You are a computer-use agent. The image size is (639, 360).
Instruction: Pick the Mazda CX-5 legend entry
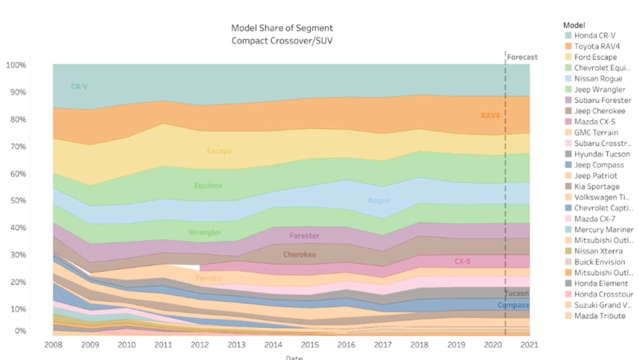tap(595, 122)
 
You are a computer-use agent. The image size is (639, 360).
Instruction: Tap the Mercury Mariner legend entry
tap(603, 230)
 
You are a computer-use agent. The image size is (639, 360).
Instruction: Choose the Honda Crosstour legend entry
tap(604, 294)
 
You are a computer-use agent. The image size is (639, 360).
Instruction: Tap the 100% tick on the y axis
tap(16, 65)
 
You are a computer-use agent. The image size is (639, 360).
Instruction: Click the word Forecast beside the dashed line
tap(522, 57)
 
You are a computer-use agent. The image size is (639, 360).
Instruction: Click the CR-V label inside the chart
tap(79, 87)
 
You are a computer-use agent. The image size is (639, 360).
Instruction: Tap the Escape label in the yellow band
tap(219, 151)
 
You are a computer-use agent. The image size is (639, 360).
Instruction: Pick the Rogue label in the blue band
tap(379, 201)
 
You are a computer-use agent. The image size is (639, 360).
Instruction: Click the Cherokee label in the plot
tap(299, 255)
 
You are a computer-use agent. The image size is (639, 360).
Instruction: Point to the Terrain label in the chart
tap(208, 278)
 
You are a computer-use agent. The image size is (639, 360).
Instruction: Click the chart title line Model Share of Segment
tap(282, 28)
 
